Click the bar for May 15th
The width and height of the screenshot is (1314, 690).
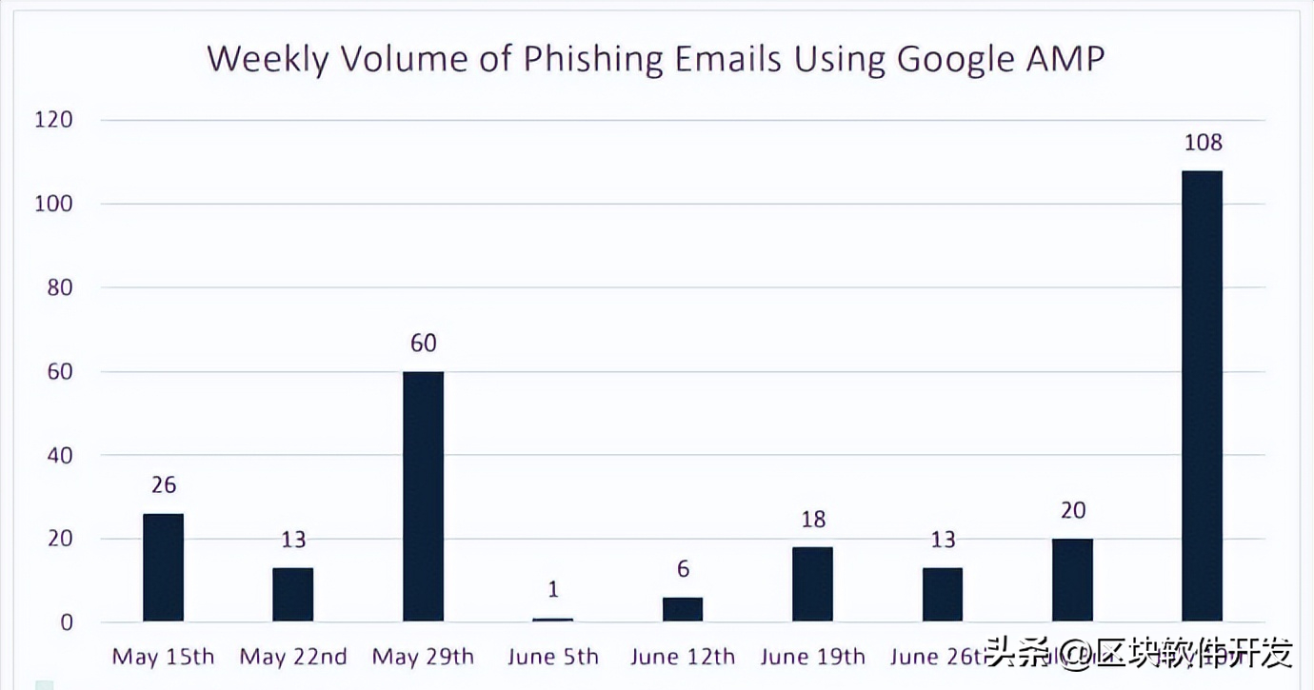click(x=163, y=567)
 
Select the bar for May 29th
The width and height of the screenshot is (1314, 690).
click(x=423, y=496)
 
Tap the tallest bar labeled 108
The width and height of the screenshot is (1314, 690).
click(x=1202, y=396)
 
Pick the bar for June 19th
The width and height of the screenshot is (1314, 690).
click(x=812, y=584)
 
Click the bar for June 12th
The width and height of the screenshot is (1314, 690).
click(x=683, y=609)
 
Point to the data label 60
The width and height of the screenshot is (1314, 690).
click(x=423, y=344)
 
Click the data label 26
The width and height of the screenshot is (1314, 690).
click(x=164, y=485)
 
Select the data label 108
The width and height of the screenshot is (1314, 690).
click(x=1203, y=143)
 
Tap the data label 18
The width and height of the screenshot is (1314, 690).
click(x=813, y=520)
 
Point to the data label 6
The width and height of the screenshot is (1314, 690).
click(x=683, y=569)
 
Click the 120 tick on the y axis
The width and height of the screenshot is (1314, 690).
click(x=54, y=120)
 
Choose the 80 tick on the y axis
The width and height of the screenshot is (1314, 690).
click(x=60, y=287)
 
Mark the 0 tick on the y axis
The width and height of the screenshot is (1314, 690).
click(x=67, y=622)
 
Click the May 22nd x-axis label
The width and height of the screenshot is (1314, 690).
click(x=293, y=657)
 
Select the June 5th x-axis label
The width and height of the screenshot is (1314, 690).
click(x=553, y=657)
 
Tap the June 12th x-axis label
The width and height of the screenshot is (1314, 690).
click(x=683, y=657)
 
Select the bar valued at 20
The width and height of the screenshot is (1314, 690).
click(x=1072, y=580)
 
